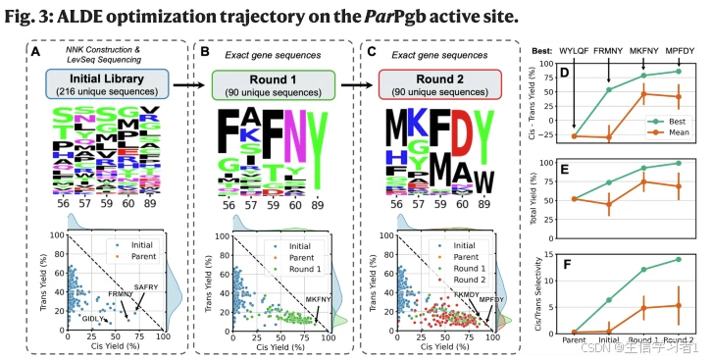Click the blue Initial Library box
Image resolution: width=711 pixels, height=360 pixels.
click(100, 83)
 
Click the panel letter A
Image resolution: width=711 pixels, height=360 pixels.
click(36, 51)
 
